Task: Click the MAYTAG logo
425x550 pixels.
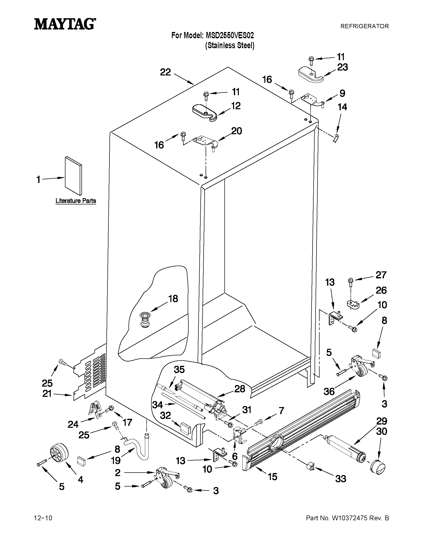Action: (65, 24)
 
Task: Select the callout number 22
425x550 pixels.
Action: (165, 72)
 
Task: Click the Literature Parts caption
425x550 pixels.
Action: (75, 201)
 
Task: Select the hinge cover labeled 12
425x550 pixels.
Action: (204, 114)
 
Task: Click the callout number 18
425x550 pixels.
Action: (173, 299)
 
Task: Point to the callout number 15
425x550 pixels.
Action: (272, 477)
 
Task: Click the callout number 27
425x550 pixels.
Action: (381, 275)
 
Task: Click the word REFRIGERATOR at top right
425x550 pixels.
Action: (364, 26)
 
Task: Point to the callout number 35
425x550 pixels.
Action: (179, 370)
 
